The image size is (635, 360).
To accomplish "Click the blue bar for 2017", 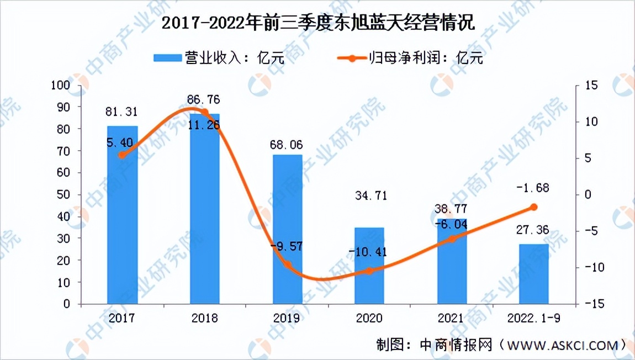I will coord(122,215).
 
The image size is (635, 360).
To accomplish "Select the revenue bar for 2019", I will coord(287,229).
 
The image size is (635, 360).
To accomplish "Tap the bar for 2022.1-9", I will coord(534,274).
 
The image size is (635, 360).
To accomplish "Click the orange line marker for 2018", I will coord(205,112).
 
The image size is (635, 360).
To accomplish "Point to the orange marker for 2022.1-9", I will coord(534,207).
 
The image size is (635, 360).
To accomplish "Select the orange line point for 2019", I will coord(287,264).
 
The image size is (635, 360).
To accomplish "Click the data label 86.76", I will coord(204,100).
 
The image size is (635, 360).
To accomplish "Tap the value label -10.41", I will coord(368,252).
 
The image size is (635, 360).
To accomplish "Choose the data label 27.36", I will coord(533,230).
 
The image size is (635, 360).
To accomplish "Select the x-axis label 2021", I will coord(452,319).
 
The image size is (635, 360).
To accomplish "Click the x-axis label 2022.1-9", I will coord(534,319).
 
